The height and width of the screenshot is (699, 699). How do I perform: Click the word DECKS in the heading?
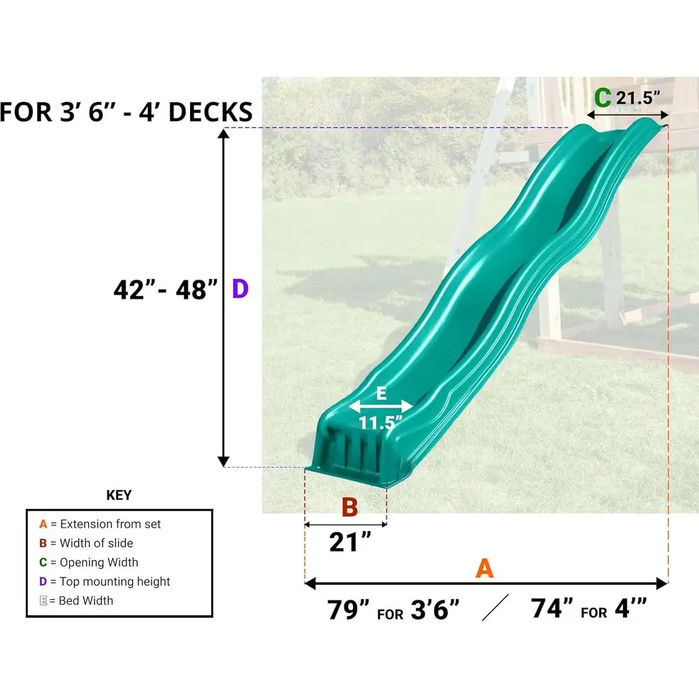210,112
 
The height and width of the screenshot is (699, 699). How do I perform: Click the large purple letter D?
240,289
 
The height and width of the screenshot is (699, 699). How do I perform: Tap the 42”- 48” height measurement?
166,290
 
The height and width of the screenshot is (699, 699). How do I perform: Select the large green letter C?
603,98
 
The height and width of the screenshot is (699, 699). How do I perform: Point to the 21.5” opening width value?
637,98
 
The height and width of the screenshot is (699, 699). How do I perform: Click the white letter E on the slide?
381,393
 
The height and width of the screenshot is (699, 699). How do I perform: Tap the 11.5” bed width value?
380,423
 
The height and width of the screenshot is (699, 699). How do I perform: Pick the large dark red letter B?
349,507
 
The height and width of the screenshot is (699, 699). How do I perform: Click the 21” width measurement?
350,542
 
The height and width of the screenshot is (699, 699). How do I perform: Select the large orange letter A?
484,568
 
